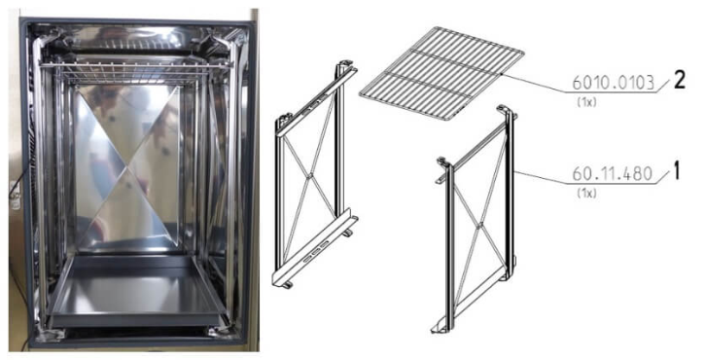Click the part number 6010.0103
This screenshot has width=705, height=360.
tap(613, 83)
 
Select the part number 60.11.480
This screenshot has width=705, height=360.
tap(612, 174)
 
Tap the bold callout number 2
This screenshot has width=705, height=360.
tap(679, 80)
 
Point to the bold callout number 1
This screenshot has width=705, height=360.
tap(677, 172)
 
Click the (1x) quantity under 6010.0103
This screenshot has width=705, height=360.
tap(586, 102)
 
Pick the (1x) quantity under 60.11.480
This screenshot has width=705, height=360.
tap(586, 194)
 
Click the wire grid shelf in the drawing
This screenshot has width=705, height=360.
tap(441, 72)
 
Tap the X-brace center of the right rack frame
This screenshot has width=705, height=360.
tap(479, 224)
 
